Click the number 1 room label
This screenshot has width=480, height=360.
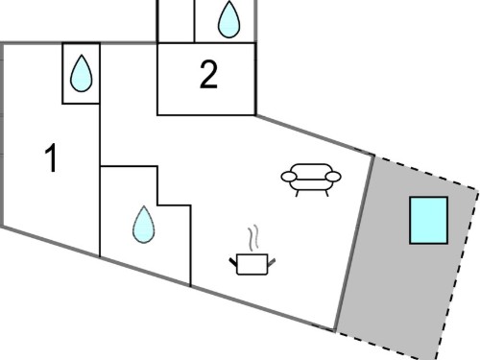(52, 158)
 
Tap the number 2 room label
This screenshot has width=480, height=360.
(208, 75)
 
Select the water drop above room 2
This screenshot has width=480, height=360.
(228, 19)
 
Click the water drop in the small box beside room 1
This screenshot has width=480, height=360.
(82, 73)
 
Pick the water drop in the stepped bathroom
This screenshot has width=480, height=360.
(144, 225)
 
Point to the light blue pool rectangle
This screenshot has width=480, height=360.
(429, 221)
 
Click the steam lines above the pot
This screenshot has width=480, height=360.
(253, 238)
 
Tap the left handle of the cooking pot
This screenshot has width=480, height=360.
(233, 262)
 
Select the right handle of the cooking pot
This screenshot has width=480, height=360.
(272, 262)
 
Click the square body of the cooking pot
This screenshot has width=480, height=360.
(252, 264)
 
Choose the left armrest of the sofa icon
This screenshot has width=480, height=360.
(289, 177)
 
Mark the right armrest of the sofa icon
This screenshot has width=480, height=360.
(333, 177)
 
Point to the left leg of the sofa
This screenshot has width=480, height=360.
(298, 193)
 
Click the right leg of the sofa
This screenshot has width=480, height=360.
(326, 193)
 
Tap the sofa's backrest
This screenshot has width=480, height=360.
(311, 169)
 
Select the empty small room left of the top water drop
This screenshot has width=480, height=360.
(176, 21)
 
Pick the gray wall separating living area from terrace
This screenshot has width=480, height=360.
(354, 243)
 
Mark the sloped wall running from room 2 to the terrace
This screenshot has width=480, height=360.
(315, 135)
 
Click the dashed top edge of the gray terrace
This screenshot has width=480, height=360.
(426, 172)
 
